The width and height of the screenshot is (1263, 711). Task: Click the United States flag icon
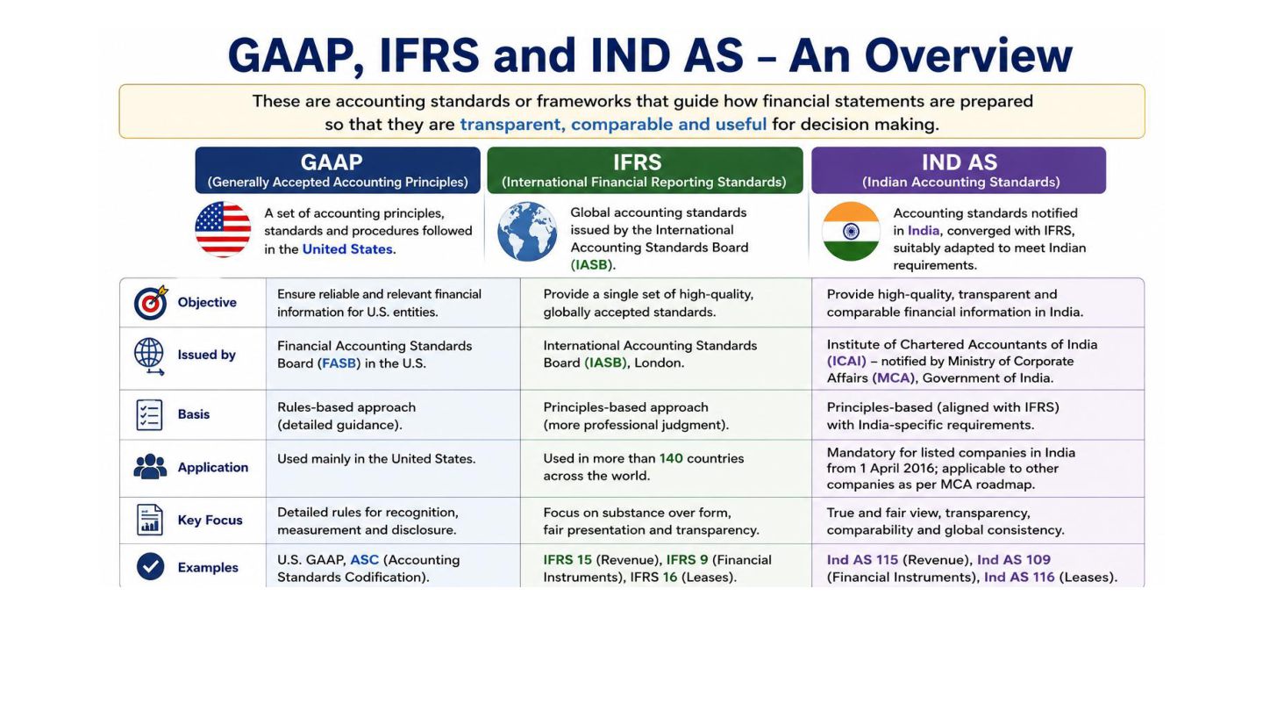click(x=223, y=230)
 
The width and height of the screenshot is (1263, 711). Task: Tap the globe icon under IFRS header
click(x=527, y=232)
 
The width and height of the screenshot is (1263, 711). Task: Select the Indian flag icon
click(x=851, y=232)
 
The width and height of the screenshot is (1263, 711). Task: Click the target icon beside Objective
click(x=151, y=303)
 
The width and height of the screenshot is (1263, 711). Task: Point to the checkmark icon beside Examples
click(x=151, y=566)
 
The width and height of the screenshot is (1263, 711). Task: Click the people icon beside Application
click(x=150, y=467)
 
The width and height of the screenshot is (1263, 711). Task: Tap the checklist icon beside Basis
click(x=149, y=414)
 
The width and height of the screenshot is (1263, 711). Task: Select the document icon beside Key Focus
click(x=149, y=519)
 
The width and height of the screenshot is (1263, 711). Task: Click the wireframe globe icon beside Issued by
click(x=149, y=356)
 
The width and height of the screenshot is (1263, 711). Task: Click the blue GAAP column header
click(x=338, y=170)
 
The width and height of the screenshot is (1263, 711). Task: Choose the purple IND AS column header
click(x=959, y=170)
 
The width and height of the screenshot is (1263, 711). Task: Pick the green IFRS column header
click(x=645, y=170)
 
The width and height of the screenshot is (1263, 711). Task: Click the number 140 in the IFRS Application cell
click(x=671, y=458)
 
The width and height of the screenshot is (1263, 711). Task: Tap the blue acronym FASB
click(x=339, y=363)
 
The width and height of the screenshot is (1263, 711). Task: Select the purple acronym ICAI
click(x=847, y=361)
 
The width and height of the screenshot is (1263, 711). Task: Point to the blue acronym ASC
click(x=364, y=560)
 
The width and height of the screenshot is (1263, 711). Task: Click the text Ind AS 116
click(x=1019, y=578)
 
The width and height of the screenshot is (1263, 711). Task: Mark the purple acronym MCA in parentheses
click(x=894, y=378)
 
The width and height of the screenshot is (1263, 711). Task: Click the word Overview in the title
click(x=968, y=55)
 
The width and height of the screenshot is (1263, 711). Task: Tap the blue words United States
click(x=347, y=249)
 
